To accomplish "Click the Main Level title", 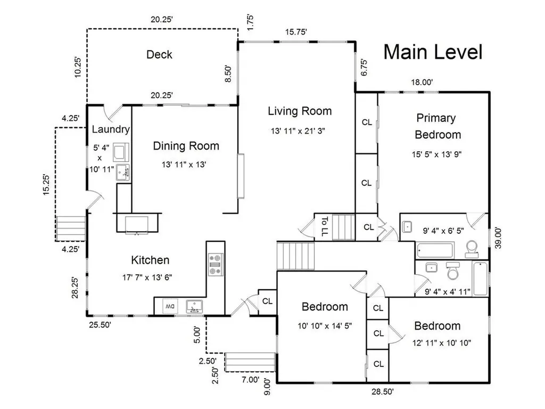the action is (x=433, y=52).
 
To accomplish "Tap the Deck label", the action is (x=159, y=55).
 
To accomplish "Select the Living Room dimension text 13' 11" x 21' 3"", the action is (x=298, y=131).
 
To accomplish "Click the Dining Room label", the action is (x=186, y=146).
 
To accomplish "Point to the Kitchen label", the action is (x=150, y=260).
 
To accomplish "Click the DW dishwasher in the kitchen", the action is (x=170, y=306).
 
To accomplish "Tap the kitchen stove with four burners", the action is (x=216, y=265).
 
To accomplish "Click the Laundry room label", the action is (x=111, y=129).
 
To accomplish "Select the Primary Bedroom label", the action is (x=437, y=126).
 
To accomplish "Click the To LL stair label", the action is (x=324, y=227).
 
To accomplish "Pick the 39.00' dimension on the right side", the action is (x=498, y=238).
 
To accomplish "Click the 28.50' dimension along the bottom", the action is (x=382, y=391).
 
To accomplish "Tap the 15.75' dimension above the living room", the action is (x=296, y=32).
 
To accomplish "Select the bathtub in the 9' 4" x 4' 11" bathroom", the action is (x=481, y=279).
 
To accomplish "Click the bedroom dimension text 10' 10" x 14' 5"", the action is (x=325, y=326).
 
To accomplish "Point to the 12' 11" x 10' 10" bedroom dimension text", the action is (x=441, y=343).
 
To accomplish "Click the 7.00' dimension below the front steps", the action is (x=251, y=379).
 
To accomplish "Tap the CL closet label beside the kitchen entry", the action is (x=267, y=301).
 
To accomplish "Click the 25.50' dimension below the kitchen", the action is (x=100, y=325).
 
